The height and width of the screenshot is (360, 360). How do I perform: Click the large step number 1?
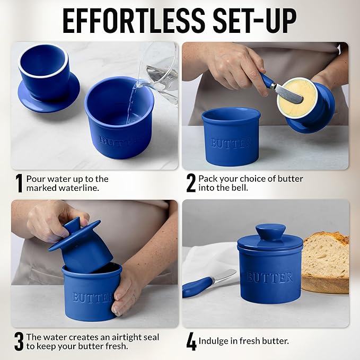[x=19, y=183]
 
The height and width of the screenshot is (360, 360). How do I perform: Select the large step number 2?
[x=191, y=183]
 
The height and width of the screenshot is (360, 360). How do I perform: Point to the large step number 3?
[x=19, y=341]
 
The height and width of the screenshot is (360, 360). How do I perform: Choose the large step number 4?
[x=191, y=341]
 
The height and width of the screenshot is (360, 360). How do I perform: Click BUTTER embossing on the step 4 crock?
[x=269, y=277]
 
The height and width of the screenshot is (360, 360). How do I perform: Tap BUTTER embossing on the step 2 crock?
[x=231, y=143]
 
